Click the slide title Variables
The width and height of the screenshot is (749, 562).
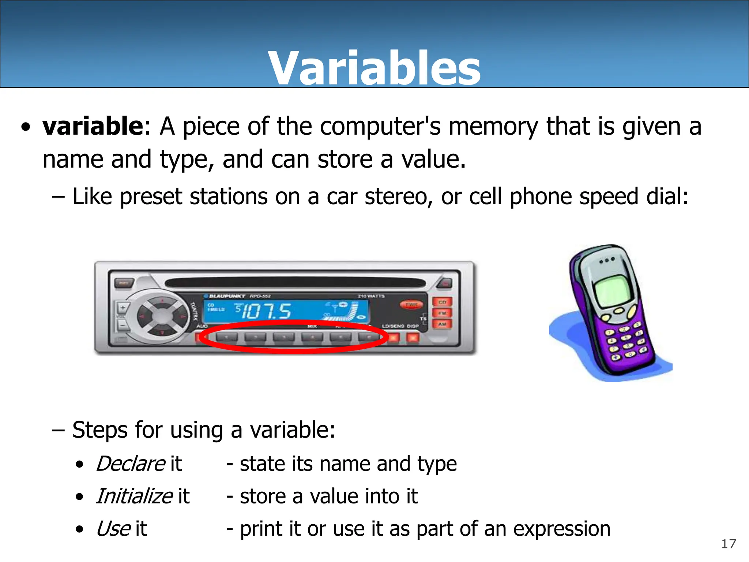(374, 69)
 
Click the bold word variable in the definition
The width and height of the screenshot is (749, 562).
(93, 126)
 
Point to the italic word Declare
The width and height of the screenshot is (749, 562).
(131, 464)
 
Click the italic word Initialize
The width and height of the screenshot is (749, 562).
(134, 497)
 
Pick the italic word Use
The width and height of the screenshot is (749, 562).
(113, 529)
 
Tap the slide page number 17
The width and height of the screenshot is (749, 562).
(728, 544)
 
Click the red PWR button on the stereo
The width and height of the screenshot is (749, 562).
(411, 304)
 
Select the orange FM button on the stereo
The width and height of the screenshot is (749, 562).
(442, 313)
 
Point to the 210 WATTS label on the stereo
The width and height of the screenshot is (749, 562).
(371, 296)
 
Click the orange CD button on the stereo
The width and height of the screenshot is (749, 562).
(442, 302)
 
